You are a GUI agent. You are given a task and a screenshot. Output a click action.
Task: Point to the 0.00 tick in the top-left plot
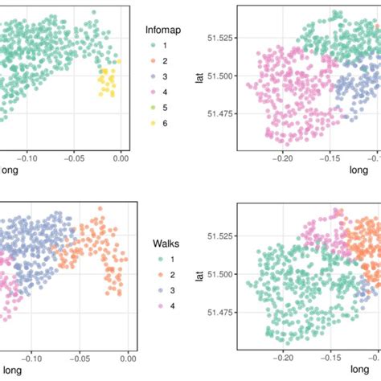(x=120, y=158)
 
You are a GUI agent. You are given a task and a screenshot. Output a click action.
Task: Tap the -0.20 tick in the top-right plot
(x=282, y=158)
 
